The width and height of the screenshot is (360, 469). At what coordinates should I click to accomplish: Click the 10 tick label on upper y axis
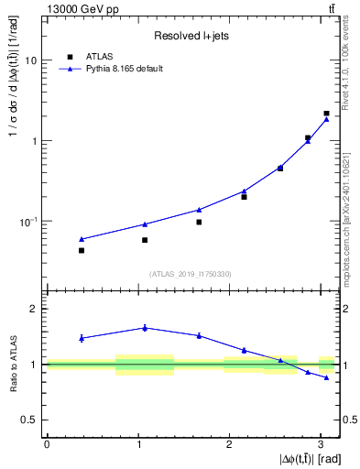(31, 60)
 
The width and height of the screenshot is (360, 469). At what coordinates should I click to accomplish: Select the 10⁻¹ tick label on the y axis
(29, 222)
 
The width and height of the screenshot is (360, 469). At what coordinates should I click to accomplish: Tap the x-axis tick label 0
(46, 443)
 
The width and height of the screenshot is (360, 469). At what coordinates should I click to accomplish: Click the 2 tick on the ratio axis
(35, 309)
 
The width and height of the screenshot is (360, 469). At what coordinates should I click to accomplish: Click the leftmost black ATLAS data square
(82, 250)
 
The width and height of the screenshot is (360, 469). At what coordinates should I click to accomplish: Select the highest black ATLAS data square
(326, 114)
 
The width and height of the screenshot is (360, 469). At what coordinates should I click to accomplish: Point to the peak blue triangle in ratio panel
(144, 327)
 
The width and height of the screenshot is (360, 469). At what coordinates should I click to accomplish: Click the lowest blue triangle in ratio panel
(326, 377)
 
